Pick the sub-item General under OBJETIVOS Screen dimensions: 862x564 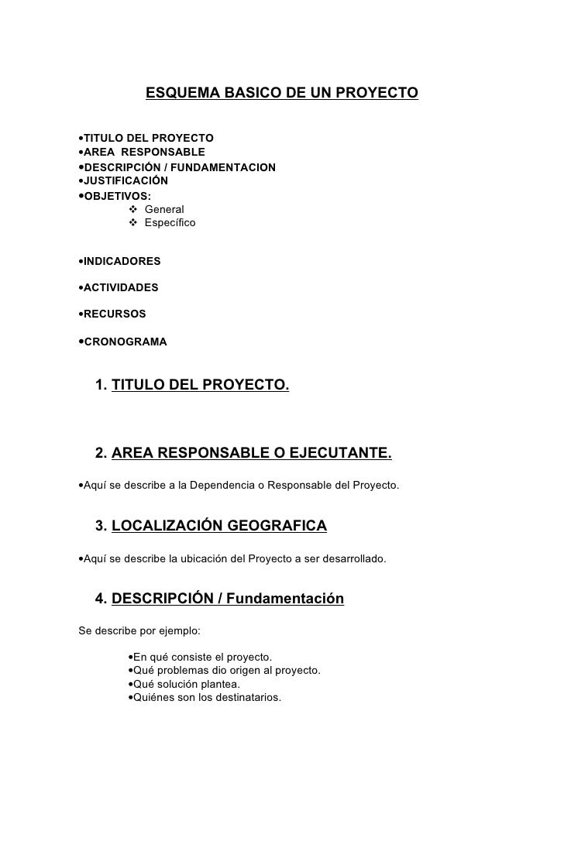pos(164,209)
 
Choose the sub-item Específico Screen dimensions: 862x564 pos(170,223)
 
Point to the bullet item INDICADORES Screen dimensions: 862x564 pos(122,262)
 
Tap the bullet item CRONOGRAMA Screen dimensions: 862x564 pos(125,341)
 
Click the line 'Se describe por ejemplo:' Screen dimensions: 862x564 pos(139,630)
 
